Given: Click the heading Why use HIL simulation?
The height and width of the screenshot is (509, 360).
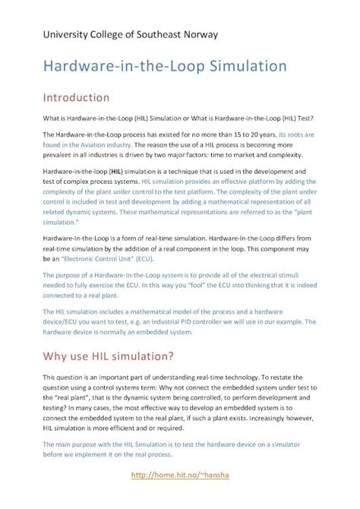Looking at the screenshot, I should (108, 356).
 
